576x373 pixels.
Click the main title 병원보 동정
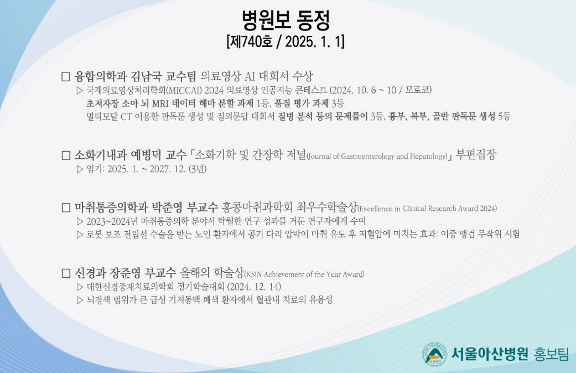286,20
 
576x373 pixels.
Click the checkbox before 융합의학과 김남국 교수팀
66,77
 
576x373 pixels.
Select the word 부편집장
476,154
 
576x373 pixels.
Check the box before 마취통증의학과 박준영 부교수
66,208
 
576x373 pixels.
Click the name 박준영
167,208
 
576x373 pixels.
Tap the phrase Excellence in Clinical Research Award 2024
427,209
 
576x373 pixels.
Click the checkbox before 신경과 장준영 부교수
66,273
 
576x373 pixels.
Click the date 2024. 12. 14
254,287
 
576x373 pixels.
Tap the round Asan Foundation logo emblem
434,354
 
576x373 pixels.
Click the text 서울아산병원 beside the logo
489,354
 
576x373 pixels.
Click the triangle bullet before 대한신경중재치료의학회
80,287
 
